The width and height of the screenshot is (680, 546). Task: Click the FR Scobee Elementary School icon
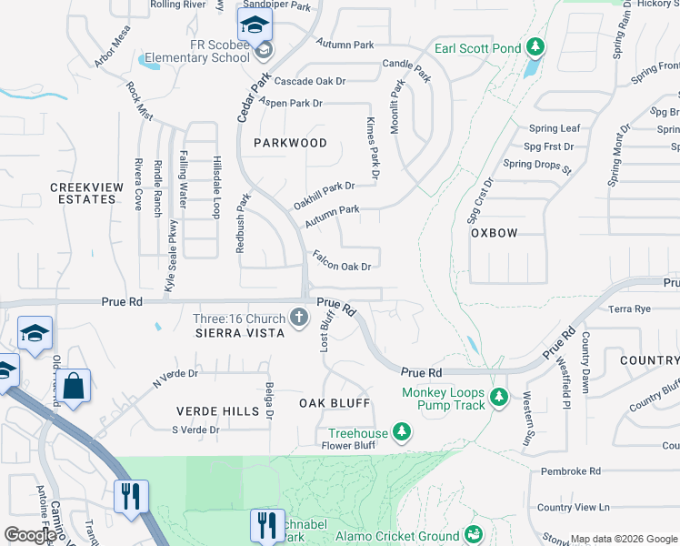tap(256, 27)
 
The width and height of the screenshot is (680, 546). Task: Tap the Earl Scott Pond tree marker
tap(536, 46)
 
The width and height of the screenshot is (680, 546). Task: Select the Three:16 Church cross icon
tap(299, 318)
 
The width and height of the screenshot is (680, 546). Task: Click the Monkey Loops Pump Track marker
tap(498, 396)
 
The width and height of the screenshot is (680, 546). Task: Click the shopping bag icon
tap(75, 386)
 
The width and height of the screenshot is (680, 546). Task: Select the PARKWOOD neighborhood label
tap(290, 143)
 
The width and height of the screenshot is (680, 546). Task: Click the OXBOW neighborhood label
tap(494, 233)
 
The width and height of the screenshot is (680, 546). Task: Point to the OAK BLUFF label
tap(335, 402)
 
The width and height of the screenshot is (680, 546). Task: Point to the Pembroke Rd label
tap(570, 471)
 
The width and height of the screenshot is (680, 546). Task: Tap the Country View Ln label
tap(573, 507)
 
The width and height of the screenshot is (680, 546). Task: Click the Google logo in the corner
tap(30, 535)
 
